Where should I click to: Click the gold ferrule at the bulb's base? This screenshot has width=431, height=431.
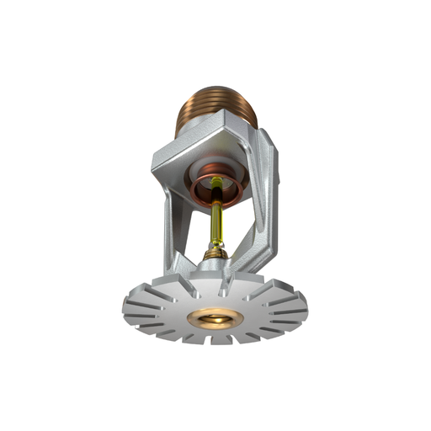click(x=216, y=250)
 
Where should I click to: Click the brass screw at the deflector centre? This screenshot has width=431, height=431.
click(x=215, y=318)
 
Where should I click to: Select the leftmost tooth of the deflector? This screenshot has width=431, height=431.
click(x=128, y=305)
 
